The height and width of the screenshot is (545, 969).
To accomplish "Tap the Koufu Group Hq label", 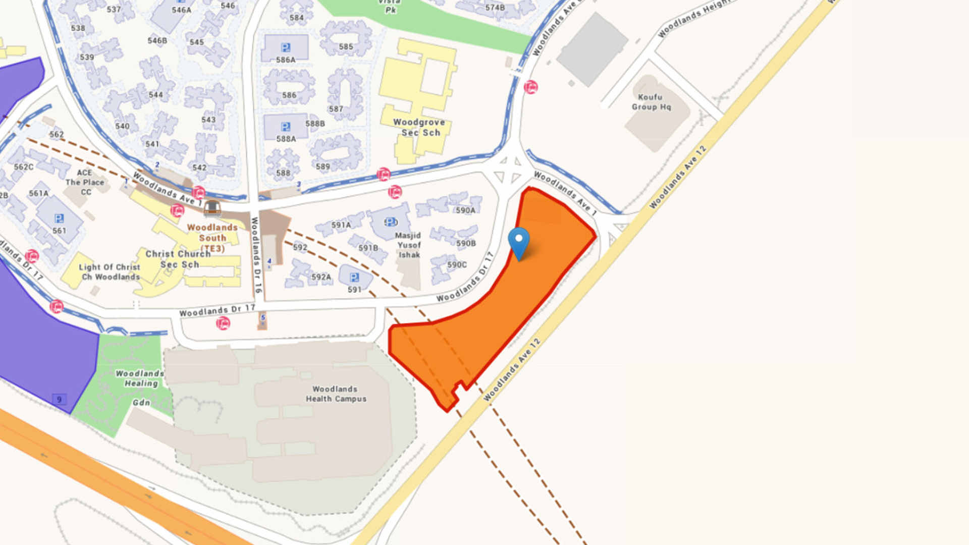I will tap(651, 102).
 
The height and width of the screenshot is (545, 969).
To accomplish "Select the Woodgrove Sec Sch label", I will tap(419, 127).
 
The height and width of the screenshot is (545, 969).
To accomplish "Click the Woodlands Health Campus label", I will tap(336, 394).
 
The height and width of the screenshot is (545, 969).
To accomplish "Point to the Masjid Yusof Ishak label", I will tap(408, 245).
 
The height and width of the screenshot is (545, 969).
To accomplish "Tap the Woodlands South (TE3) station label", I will tap(212, 238).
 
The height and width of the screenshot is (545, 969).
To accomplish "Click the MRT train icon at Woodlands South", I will tap(212, 208).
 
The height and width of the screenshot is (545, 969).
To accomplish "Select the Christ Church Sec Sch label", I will tap(179, 259).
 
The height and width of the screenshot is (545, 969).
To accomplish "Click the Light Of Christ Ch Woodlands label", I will tap(110, 272).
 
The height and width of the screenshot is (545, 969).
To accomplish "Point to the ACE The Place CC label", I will tap(85, 182).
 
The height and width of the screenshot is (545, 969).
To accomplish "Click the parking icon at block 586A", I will tap(286, 47).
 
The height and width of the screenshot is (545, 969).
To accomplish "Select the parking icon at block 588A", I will tap(286, 127).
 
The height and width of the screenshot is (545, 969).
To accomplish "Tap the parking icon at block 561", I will tap(59, 219).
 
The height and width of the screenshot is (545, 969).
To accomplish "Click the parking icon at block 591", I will tap(354, 278).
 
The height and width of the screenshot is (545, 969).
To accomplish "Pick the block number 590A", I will tap(465, 210).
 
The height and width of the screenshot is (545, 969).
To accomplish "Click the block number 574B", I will tap(495, 8).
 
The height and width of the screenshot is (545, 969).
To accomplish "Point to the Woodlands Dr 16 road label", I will tap(256, 255).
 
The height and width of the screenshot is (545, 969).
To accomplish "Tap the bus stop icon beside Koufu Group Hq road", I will tap(530, 87).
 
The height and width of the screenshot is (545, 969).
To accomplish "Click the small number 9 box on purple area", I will tap(59, 400).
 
